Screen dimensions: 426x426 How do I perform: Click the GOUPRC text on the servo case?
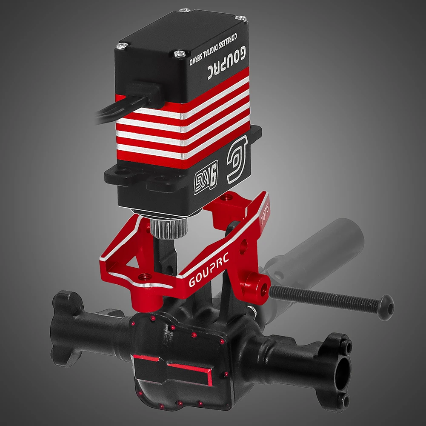pos(227,63)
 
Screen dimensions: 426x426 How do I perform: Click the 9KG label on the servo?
pos(206,177)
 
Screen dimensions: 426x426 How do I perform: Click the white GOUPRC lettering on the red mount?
pos(209,269)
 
